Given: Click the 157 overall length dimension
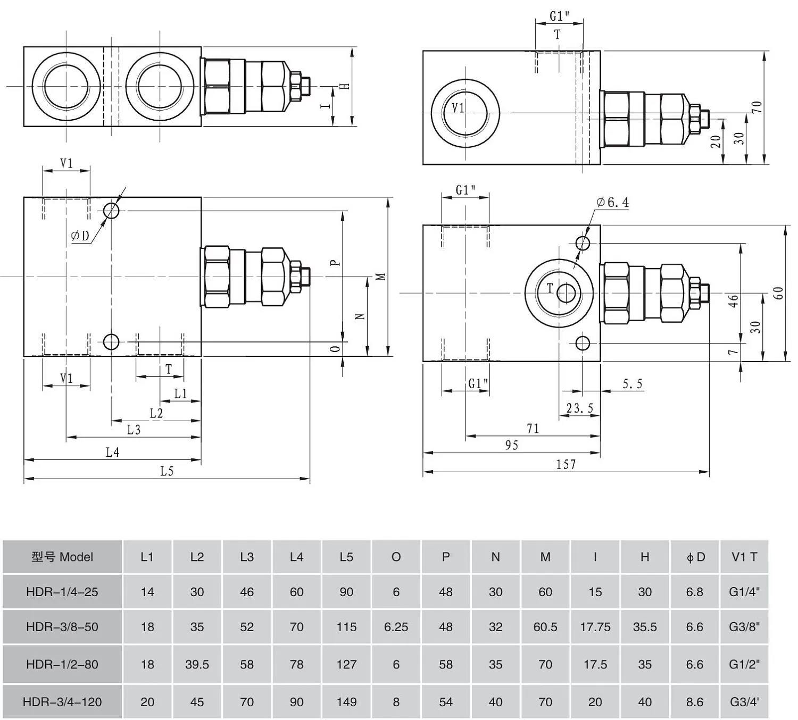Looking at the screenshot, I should [566, 464].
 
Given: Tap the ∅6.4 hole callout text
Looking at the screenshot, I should [613, 202].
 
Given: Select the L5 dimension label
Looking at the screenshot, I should [167, 471].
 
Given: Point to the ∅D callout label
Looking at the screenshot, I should [80, 236].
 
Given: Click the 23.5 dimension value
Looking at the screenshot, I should [579, 408].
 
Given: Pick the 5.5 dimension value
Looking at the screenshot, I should [633, 384].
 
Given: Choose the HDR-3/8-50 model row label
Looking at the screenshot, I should [62, 627].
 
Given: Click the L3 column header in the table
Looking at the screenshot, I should [247, 557].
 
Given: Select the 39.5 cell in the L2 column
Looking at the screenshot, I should [197, 665].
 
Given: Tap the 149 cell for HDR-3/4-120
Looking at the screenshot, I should [346, 702].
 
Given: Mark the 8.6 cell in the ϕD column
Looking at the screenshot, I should [695, 702].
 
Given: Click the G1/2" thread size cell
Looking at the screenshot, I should [744, 665].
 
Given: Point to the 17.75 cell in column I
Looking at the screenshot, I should [595, 627].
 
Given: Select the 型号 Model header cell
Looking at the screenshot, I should [62, 557].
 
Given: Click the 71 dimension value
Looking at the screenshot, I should [533, 429].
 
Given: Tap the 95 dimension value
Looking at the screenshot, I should [511, 445].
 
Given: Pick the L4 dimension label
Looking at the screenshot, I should [112, 453].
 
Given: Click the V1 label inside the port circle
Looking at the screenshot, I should [458, 108].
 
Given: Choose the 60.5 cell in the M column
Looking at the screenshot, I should [545, 627].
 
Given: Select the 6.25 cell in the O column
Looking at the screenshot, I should [396, 627].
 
